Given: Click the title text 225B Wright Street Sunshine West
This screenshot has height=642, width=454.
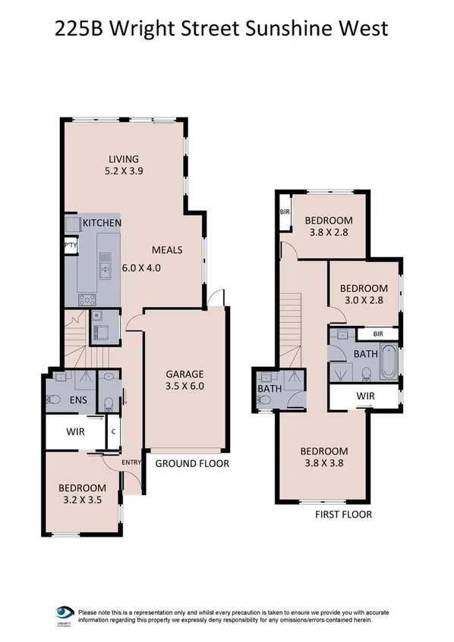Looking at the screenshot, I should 222,29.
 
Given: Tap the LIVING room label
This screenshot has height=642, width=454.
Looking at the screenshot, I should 123,159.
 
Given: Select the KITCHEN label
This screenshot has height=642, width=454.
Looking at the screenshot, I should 102,223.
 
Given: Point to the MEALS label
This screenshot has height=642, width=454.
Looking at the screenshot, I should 167,249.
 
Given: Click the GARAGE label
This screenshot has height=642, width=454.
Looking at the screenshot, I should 185,374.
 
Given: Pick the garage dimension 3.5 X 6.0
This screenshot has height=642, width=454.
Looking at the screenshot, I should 185,386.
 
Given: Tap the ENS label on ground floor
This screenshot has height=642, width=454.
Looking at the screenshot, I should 77,399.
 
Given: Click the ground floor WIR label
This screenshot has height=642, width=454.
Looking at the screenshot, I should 74,431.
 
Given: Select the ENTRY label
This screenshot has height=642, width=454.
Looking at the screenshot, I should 111,461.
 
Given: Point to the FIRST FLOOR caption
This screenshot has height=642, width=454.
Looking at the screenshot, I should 342,514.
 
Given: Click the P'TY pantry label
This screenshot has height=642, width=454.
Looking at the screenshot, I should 70,245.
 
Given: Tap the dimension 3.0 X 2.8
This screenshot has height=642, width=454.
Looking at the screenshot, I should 363,301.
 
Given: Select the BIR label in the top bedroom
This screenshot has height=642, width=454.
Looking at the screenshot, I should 285,211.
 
